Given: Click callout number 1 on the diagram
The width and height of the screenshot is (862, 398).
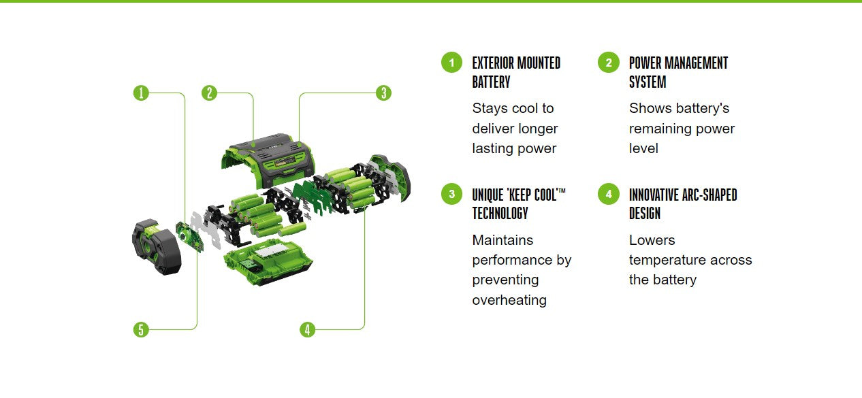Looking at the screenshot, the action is click(141, 93).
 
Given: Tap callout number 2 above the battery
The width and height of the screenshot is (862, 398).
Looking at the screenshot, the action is click(209, 93).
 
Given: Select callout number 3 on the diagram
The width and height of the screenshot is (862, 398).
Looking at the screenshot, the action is click(383, 93).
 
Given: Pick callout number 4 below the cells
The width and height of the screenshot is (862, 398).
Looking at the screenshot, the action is click(307, 329).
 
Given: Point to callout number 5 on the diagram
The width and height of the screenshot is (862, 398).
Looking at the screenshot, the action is click(141, 329).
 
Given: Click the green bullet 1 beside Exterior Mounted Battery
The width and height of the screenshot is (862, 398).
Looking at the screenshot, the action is click(452, 63).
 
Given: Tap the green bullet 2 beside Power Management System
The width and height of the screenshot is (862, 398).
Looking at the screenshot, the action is click(609, 63).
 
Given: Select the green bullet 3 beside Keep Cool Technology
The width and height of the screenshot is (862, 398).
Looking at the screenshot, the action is click(452, 194).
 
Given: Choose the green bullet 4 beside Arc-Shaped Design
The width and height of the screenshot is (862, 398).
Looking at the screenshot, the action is click(609, 194).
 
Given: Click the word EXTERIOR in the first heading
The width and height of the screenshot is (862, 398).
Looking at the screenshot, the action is click(493, 63).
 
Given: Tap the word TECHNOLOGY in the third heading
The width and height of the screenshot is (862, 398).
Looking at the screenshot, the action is click(500, 213).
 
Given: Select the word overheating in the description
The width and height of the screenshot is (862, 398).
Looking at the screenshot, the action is click(509, 300).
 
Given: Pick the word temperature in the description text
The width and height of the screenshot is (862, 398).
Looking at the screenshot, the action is click(667, 261).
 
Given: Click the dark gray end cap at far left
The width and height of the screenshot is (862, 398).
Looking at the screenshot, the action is click(156, 246).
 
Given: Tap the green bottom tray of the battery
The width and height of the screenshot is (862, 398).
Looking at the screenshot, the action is click(268, 263).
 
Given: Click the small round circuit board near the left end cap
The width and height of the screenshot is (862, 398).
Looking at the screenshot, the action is click(189, 237).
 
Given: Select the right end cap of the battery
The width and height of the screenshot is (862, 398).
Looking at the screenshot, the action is click(389, 178).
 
